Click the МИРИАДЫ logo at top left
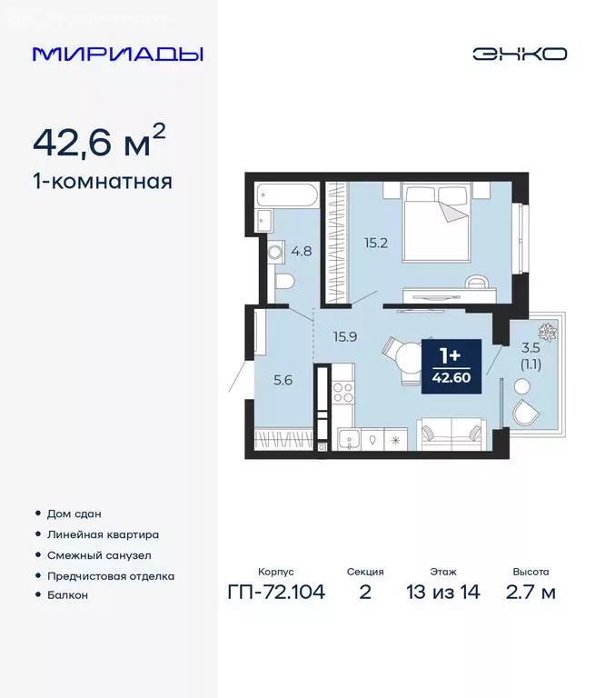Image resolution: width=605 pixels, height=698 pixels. [x=117, y=54]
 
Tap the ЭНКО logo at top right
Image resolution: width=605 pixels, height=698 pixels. [x=519, y=54]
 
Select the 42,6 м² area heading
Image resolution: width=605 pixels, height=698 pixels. [x=100, y=142]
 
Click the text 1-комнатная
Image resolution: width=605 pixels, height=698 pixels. [x=102, y=181]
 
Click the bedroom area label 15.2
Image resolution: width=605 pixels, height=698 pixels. [x=376, y=244]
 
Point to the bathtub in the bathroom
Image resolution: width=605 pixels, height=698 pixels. [x=287, y=194]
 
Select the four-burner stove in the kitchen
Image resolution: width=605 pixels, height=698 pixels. [x=343, y=394]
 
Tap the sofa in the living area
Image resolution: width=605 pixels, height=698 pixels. [x=451, y=433]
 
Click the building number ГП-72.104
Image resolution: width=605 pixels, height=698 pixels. [x=276, y=593]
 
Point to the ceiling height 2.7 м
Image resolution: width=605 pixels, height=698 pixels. [x=530, y=593]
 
